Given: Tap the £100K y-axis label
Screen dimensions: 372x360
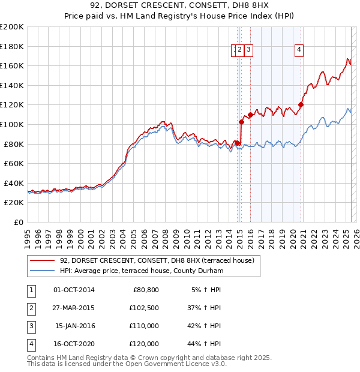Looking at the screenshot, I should click(12, 124).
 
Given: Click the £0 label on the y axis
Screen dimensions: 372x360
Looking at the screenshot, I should click(19, 222).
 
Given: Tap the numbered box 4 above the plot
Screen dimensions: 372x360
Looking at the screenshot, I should click(298, 50).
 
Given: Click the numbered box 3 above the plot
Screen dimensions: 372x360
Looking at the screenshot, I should click(248, 50).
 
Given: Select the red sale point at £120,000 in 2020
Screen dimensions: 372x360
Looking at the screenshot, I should click(301, 105).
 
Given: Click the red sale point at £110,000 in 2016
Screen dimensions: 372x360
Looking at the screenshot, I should click(250, 115).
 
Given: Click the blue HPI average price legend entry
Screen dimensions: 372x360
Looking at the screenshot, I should click(142, 271).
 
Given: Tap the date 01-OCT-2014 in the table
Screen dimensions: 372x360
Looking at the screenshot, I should click(74, 290).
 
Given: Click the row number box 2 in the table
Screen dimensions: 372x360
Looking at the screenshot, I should click(30, 308).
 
